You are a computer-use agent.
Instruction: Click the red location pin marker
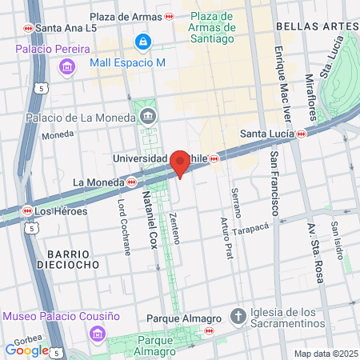(180, 163)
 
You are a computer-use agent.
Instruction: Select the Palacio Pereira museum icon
(66, 66)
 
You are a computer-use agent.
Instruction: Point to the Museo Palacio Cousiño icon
(97, 332)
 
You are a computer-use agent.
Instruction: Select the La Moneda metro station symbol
(130, 182)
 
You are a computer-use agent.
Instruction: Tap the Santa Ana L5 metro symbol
(29, 28)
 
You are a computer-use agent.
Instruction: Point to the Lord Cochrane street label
(125, 227)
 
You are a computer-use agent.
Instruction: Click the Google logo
(26, 350)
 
